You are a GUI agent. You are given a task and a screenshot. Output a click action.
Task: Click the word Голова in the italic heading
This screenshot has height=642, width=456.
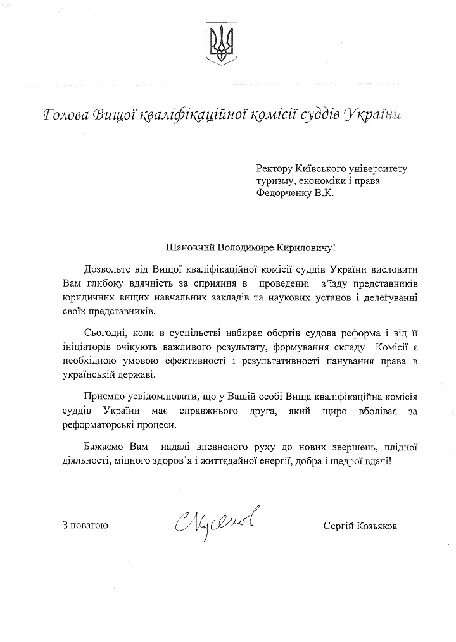click(x=65, y=114)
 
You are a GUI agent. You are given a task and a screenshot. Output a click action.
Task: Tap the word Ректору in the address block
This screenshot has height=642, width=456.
click(x=274, y=169)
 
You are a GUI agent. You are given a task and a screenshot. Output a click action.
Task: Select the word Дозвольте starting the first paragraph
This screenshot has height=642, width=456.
click(x=109, y=271)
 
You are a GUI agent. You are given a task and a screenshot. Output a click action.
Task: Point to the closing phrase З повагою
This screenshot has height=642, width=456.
click(x=85, y=524)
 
